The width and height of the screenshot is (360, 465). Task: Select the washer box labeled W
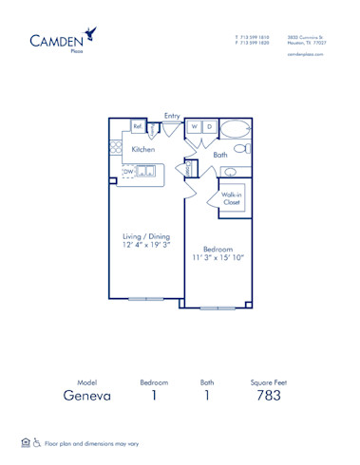pos(193,126)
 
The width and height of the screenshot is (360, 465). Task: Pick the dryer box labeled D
pos(209,126)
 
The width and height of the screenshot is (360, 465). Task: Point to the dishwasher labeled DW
pos(128,172)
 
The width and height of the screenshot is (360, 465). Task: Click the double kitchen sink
pos(147,172)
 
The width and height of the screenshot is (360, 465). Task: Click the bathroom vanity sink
pos(229,172)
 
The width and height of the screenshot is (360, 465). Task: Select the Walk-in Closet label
pos(232,198)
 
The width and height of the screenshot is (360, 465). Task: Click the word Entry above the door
pos(172,116)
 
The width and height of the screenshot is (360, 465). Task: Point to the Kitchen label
pos(143,150)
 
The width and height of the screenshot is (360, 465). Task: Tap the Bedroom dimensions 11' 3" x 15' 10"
pos(218,253)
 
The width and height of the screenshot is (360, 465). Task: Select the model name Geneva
pos(87,395)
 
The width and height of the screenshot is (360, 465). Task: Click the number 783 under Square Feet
pos(269,395)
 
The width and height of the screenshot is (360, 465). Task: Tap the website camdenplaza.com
pos(306,55)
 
